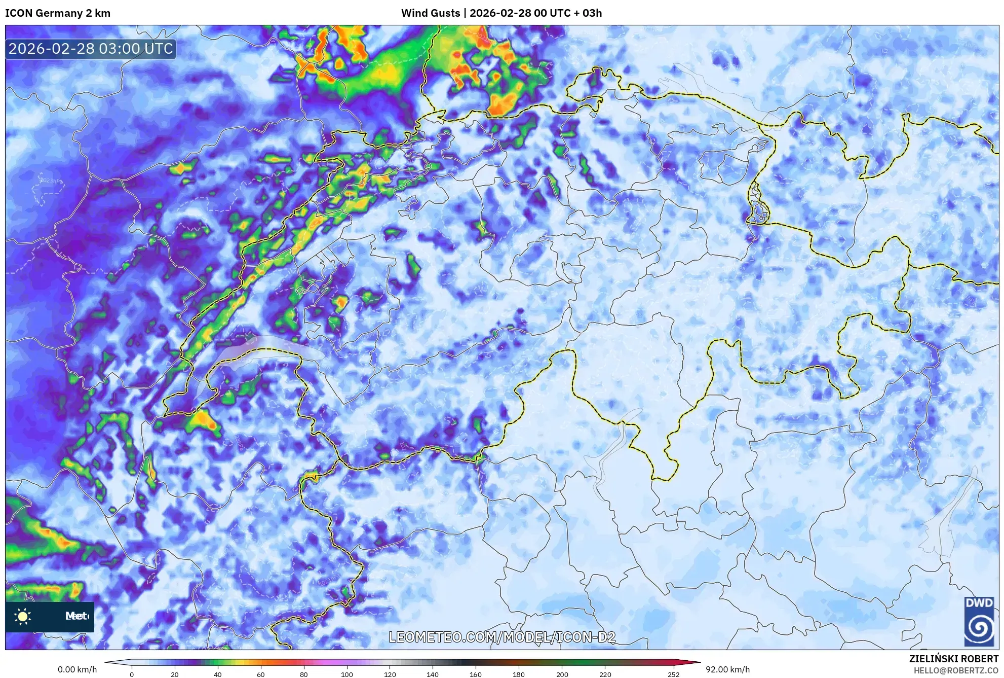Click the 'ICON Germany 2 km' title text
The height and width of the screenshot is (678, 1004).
(x=58, y=13)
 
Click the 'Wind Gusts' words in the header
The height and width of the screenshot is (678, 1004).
(x=430, y=13)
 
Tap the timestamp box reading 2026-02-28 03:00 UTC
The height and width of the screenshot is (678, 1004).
(x=91, y=49)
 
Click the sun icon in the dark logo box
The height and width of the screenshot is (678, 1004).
(x=23, y=617)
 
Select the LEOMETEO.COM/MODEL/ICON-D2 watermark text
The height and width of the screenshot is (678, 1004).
(x=502, y=637)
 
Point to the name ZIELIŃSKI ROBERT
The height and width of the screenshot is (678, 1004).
(x=953, y=659)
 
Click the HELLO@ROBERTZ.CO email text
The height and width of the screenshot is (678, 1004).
(x=956, y=670)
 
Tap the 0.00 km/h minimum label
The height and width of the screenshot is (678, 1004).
(x=77, y=669)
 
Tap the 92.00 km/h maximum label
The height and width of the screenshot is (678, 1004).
(x=727, y=669)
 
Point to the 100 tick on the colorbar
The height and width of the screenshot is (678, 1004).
(x=346, y=674)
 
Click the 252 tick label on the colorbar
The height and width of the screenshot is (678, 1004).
(x=673, y=674)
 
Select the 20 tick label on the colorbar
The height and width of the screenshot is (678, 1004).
(x=175, y=674)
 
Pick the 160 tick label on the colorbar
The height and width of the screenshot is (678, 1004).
(x=476, y=674)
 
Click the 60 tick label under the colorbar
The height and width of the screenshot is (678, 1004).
(x=261, y=674)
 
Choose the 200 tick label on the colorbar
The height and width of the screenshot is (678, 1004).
(x=562, y=674)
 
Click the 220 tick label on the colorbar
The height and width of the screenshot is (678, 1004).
(x=605, y=674)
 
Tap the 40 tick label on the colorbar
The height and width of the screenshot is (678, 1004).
(x=218, y=674)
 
